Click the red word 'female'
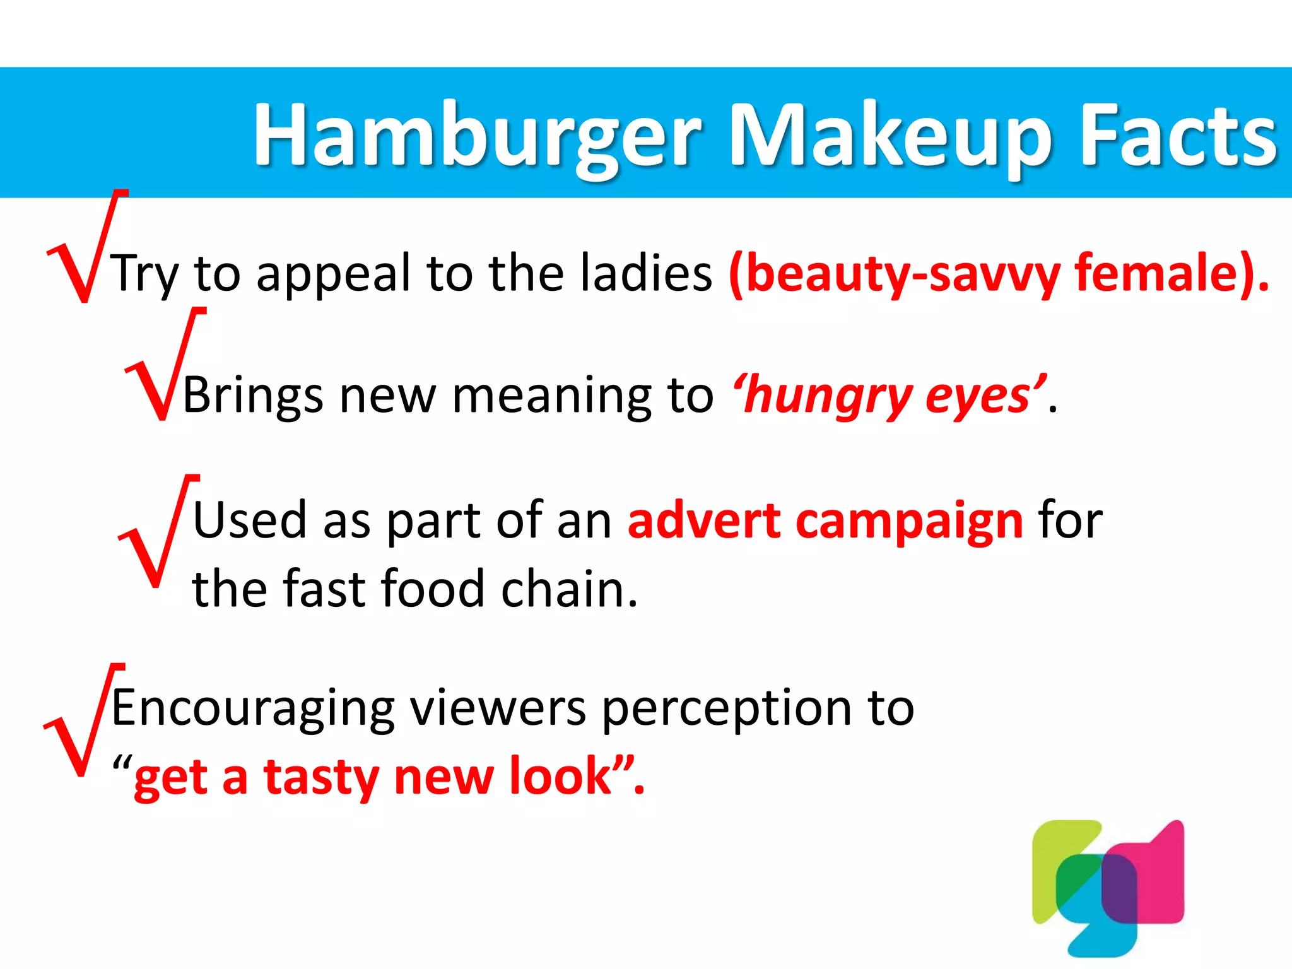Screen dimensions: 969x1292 [1164, 273]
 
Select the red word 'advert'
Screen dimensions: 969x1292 [703, 520]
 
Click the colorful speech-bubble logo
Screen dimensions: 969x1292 [1107, 886]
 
